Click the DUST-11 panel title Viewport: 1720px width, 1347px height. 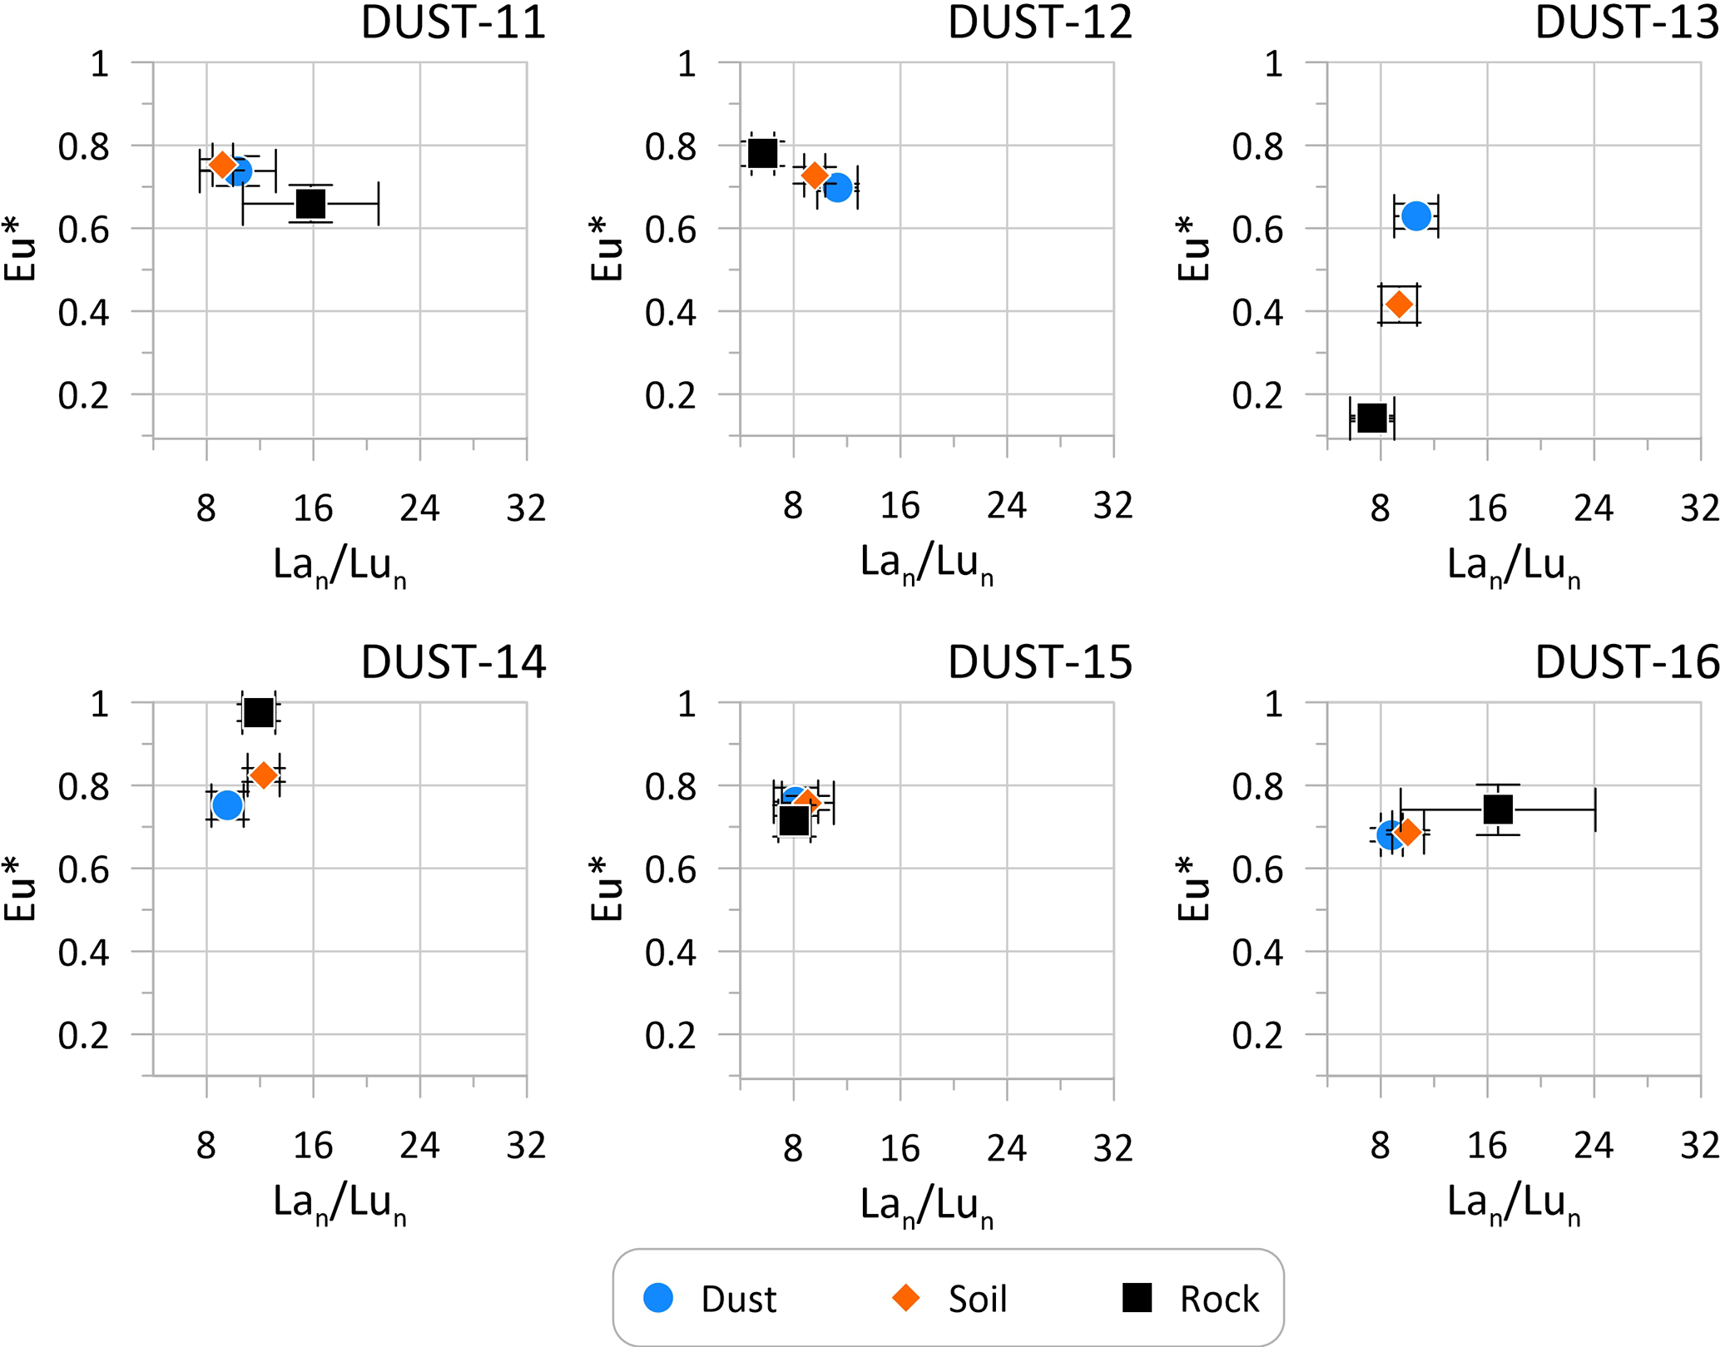coord(453,22)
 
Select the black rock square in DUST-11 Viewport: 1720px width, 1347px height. coord(310,203)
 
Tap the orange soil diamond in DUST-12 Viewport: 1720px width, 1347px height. coord(814,176)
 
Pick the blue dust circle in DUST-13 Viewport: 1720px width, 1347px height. coord(1415,216)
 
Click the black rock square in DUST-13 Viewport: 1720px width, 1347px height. coord(1372,418)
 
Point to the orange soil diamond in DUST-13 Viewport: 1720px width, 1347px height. coord(1400,305)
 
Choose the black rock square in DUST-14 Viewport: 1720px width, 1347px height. coord(259,713)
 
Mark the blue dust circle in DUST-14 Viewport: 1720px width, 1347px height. coord(227,805)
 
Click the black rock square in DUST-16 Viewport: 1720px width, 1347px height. coord(1498,809)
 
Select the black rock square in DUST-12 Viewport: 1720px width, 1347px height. coord(762,153)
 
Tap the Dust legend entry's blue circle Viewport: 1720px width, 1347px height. coord(658,1298)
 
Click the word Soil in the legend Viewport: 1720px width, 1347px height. coord(978,1300)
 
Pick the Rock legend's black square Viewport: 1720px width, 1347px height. coord(1137,1298)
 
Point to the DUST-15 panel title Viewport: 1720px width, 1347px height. coord(1040,662)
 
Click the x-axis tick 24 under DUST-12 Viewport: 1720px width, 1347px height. coord(1007,506)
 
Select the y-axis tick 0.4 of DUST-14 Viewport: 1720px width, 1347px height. coord(83,953)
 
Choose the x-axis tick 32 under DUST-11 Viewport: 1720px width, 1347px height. coord(526,508)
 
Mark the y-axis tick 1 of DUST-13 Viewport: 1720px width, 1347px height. coord(1273,64)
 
